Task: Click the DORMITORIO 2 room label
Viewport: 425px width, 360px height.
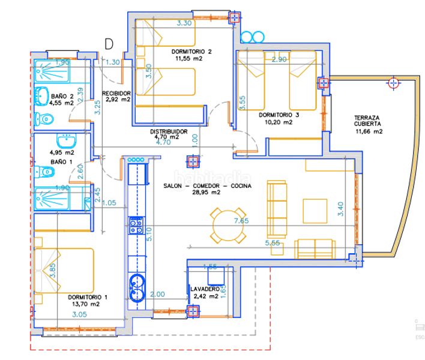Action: tap(190, 52)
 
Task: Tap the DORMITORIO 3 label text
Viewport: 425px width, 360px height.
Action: tap(279, 115)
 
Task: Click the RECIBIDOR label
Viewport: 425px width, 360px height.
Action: tap(116, 93)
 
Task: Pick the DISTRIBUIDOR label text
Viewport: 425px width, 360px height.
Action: tap(169, 131)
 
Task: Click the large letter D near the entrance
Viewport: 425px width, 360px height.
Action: tap(109, 43)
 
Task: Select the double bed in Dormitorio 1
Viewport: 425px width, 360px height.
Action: tap(66, 269)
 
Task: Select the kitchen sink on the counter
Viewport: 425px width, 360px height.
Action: tap(138, 288)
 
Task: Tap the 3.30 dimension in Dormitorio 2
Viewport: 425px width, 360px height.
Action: tap(184, 23)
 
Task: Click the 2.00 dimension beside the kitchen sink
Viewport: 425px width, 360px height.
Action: tap(157, 295)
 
